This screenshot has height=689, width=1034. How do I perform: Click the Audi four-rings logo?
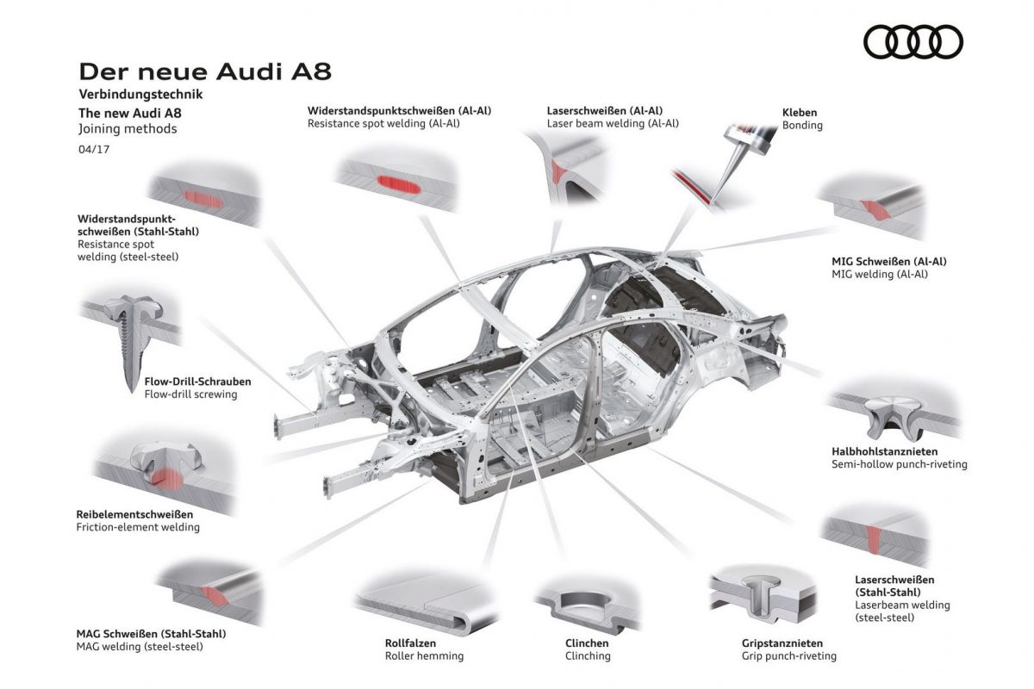(x=913, y=40)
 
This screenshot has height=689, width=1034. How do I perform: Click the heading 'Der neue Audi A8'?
(x=204, y=71)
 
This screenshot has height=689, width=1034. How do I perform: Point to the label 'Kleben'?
(x=799, y=112)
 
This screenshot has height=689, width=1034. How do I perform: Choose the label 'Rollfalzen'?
(x=410, y=642)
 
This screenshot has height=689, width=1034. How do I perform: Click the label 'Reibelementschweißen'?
(x=134, y=514)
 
